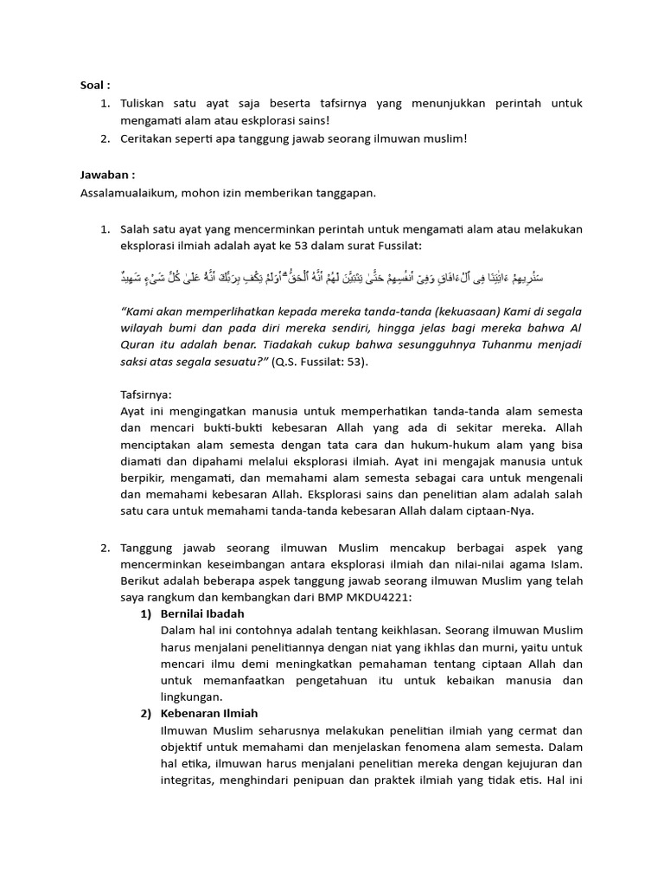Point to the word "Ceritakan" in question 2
coord(147,138)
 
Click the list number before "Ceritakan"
coord(104,138)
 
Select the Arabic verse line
coord(332,278)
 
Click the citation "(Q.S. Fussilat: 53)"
coord(319,362)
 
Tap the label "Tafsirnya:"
coord(145,394)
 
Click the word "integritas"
coord(190,780)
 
